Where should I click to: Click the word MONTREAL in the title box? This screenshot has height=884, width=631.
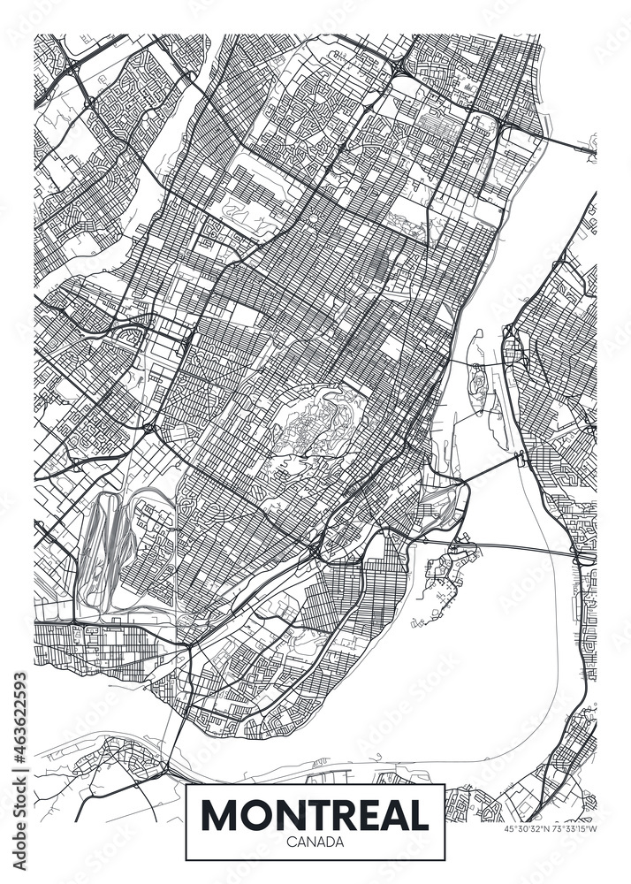pyautogui.click(x=315, y=814)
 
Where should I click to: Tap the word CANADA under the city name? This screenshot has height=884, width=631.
pyautogui.click(x=315, y=842)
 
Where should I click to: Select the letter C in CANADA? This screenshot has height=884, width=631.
pyautogui.click(x=290, y=842)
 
